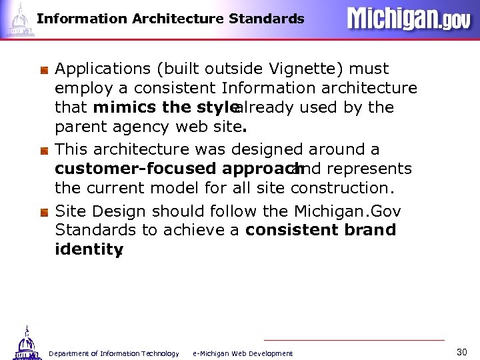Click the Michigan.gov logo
pos(408,19)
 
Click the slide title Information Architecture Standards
pos(170,19)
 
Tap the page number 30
pos(462,351)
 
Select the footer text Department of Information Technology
pos(114,353)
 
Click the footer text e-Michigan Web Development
pos(242,353)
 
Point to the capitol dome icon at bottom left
pos(26,343)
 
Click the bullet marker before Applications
pos(43,69)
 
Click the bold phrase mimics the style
pos(165,107)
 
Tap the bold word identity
pos(87,249)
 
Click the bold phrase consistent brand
pos(321,230)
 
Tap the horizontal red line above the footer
pos(353,340)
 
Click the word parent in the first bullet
pos(77,126)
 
